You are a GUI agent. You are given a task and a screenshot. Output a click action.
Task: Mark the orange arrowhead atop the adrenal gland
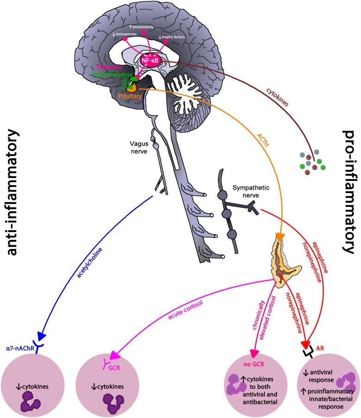click(279, 237)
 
